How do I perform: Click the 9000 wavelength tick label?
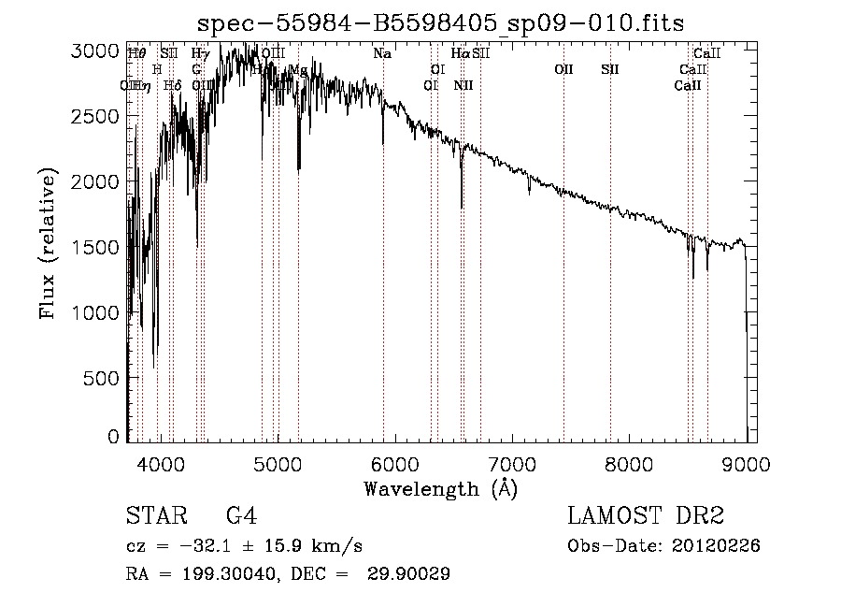tap(747, 461)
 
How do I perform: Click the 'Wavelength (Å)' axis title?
tap(440, 488)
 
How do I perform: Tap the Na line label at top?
tap(382, 54)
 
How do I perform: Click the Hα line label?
tap(461, 54)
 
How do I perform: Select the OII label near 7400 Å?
tap(563, 70)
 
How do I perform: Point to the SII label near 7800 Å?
tap(610, 70)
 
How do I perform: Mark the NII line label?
tap(463, 86)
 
